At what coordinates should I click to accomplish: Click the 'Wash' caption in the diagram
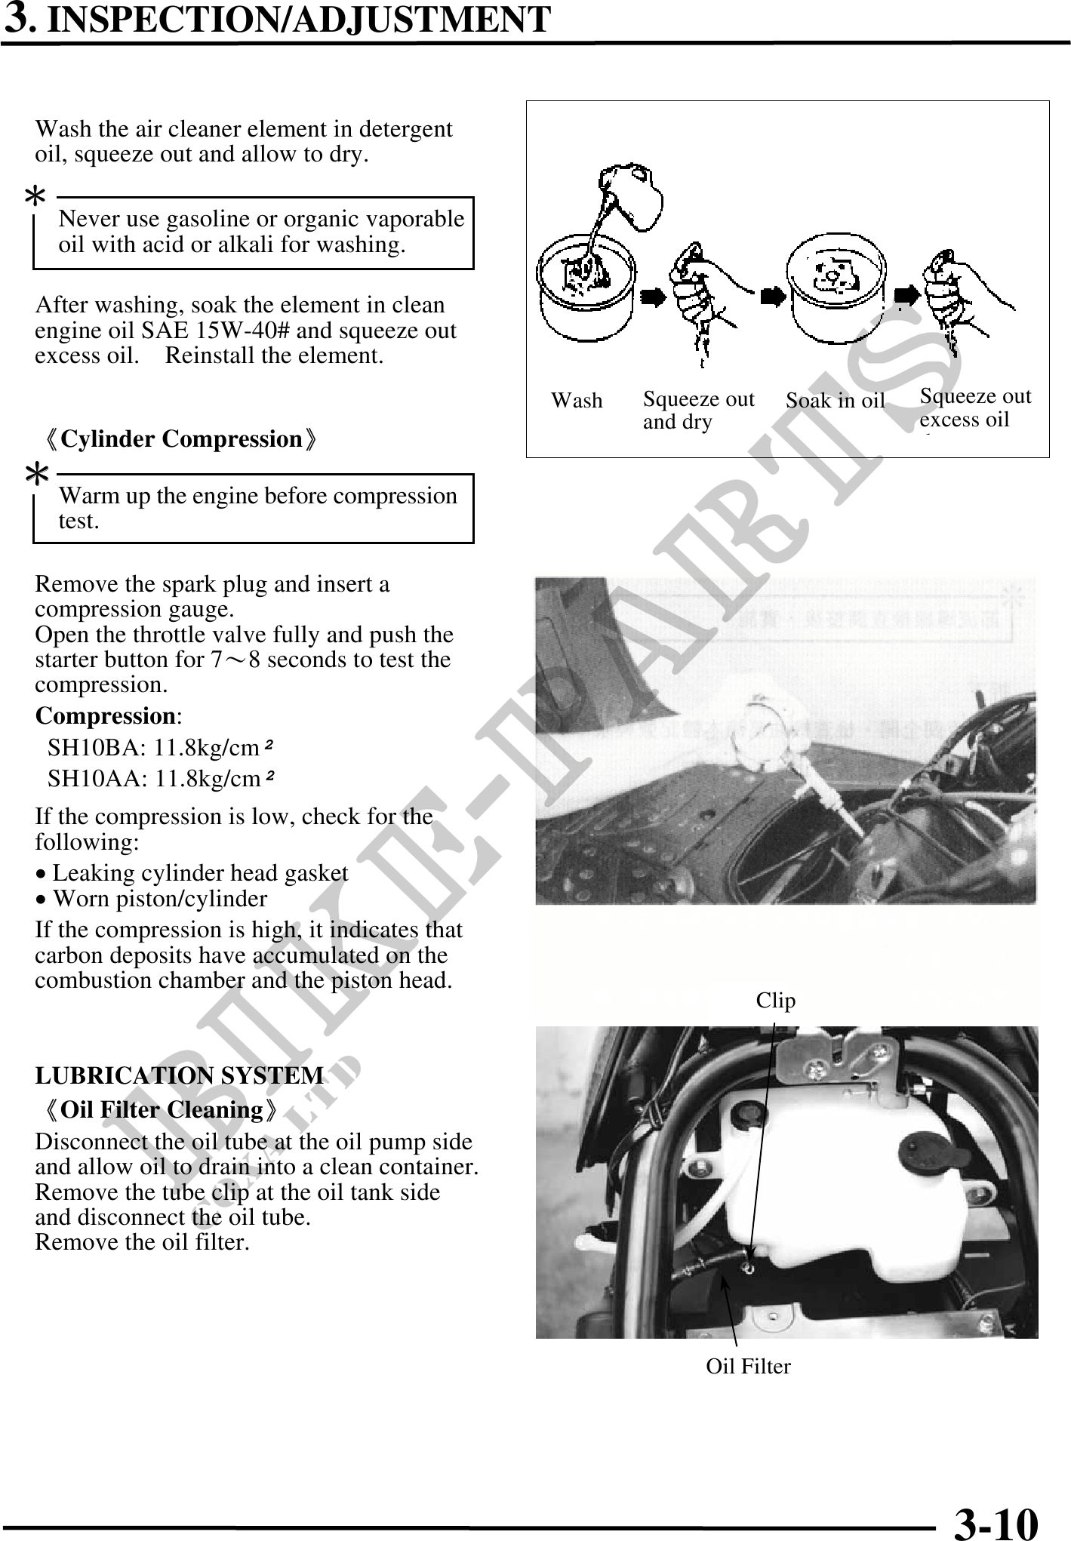tap(577, 401)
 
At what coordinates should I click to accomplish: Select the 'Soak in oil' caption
tap(835, 401)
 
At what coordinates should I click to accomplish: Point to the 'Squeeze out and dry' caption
tap(698, 410)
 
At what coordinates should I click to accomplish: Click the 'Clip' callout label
tap(776, 1001)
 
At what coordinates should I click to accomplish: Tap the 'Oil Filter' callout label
tap(748, 1366)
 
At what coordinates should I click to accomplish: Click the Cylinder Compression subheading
tap(181, 439)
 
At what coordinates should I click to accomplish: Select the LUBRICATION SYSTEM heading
tap(180, 1075)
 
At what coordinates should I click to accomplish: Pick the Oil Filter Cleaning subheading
tap(162, 1110)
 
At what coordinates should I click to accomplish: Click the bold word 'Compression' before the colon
tap(106, 715)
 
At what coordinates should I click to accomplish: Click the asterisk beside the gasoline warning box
tap(35, 198)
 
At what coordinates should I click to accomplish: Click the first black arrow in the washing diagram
tap(653, 297)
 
